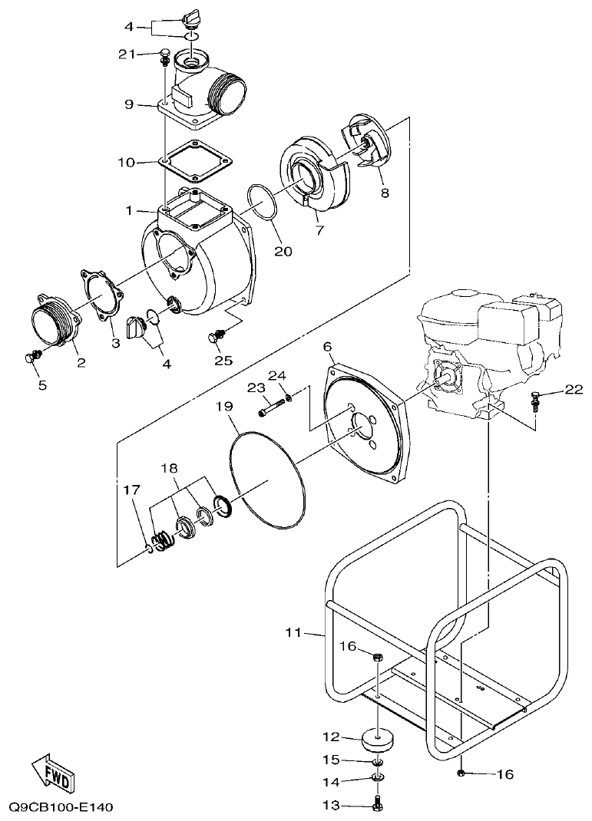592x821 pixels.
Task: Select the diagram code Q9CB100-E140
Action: [x=61, y=807]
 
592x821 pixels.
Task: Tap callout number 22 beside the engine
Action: [x=573, y=390]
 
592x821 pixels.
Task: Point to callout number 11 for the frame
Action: [x=294, y=632]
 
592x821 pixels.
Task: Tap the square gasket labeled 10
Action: [x=195, y=162]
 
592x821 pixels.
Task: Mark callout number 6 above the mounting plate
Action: [x=328, y=348]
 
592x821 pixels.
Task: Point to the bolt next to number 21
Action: [x=164, y=55]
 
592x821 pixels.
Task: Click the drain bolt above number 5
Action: [x=32, y=357]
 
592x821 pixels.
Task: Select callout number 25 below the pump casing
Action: [x=223, y=360]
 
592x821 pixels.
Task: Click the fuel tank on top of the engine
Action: [x=456, y=303]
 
